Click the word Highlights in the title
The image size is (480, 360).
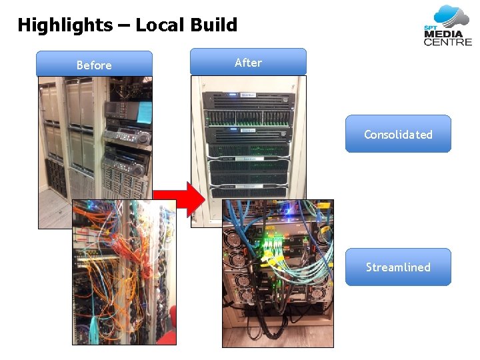coord(65,25)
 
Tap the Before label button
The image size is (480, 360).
coord(94,65)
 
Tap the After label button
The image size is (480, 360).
coord(248,62)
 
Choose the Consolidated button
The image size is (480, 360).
coord(398,134)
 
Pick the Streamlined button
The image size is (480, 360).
coord(398,267)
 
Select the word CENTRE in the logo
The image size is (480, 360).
coord(447,42)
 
